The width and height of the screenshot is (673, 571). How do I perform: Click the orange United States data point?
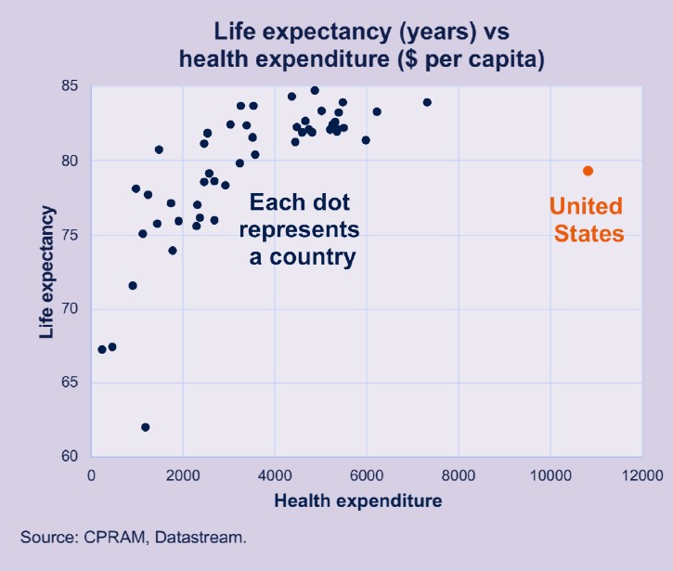[588, 171]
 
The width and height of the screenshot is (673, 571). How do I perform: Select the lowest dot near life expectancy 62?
[145, 427]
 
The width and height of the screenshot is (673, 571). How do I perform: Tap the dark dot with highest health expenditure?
[427, 102]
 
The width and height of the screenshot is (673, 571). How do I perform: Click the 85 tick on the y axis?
[70, 86]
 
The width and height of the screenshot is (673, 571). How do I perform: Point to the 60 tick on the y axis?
[70, 457]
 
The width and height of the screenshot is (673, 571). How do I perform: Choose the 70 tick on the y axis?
[70, 309]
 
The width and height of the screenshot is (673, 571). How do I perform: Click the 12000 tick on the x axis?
[641, 475]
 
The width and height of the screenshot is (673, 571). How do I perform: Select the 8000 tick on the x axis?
[459, 475]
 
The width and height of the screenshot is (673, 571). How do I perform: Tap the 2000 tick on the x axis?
[183, 475]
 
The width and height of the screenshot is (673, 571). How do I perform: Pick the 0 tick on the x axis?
[91, 475]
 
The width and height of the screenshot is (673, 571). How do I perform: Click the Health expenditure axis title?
[357, 501]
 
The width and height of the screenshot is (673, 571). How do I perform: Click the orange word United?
[586, 206]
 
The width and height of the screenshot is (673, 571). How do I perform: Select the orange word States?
[589, 234]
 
